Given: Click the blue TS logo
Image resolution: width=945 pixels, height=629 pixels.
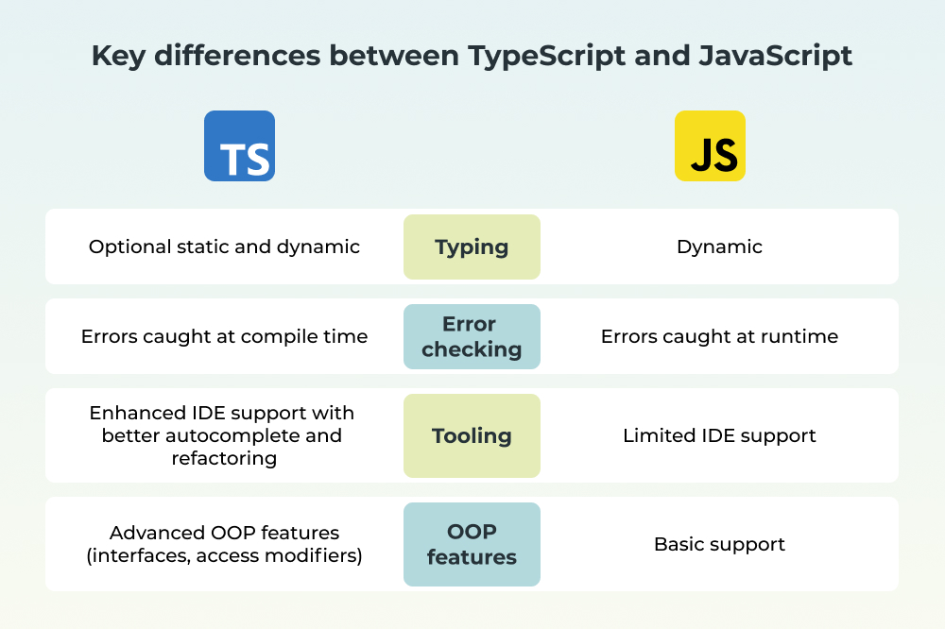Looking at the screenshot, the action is tap(239, 145).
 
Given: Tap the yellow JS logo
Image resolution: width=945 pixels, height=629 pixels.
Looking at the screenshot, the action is tap(710, 145).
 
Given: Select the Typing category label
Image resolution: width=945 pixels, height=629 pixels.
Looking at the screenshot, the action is tap(472, 247).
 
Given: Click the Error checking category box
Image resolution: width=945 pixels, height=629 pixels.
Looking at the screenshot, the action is tap(472, 337).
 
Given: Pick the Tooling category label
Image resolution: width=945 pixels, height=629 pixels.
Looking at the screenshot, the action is tap(472, 435).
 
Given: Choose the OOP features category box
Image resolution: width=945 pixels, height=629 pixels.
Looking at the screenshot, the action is tap(472, 545).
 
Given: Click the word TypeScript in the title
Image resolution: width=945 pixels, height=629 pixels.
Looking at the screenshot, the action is tap(546, 57).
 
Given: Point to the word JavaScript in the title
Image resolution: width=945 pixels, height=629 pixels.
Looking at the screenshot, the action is tap(776, 56).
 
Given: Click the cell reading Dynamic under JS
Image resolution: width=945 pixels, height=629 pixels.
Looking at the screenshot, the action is tap(719, 247).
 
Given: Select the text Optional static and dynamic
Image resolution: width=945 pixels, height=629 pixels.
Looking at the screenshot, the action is tap(224, 247).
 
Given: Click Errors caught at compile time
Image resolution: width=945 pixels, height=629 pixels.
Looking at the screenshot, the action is tap(224, 337).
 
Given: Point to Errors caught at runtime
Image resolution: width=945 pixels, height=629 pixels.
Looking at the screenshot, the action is tap(719, 337).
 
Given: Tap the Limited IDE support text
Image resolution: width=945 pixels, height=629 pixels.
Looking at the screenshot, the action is tap(719, 435).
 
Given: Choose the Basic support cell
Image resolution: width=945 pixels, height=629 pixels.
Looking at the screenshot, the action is tap(719, 545).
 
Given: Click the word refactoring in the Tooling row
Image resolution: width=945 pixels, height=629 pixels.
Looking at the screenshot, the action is tap(224, 458).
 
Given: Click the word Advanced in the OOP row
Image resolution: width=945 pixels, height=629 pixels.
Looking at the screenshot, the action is tap(158, 534).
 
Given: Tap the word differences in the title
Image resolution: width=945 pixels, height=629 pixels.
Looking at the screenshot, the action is tap(237, 56).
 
